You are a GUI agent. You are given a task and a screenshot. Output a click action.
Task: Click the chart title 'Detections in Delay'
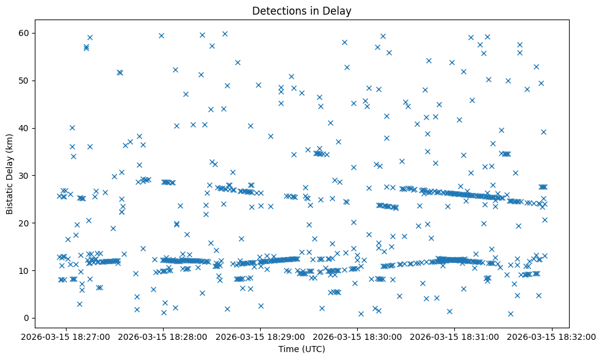302,11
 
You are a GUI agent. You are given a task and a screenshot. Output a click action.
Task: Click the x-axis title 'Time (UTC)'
302,349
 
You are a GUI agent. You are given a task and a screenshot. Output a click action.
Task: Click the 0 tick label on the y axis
27,318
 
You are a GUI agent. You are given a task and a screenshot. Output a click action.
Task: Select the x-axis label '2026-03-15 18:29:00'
261,336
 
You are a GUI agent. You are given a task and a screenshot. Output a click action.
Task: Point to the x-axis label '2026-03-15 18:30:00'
358,336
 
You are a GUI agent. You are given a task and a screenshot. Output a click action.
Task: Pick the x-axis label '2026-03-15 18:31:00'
455,336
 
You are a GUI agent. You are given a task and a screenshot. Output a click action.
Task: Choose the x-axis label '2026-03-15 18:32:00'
552,336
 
